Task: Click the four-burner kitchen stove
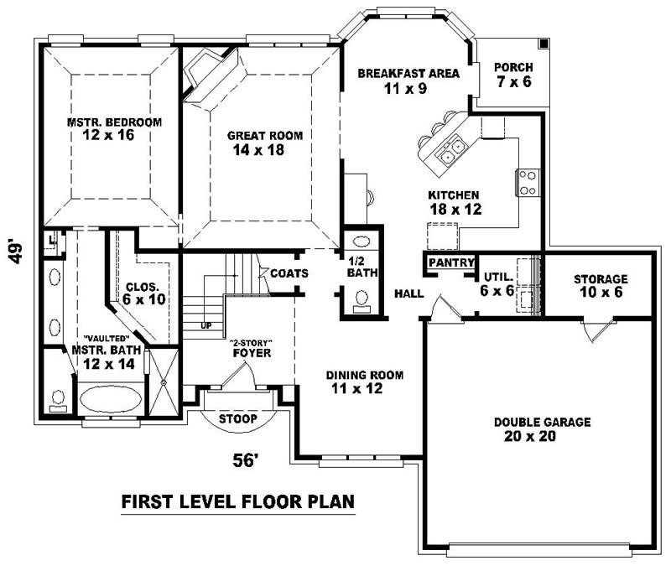528,182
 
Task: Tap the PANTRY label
451,262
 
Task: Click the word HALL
408,294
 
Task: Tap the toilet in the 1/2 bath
362,298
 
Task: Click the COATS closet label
289,273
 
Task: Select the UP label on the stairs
205,324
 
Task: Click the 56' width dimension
244,459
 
